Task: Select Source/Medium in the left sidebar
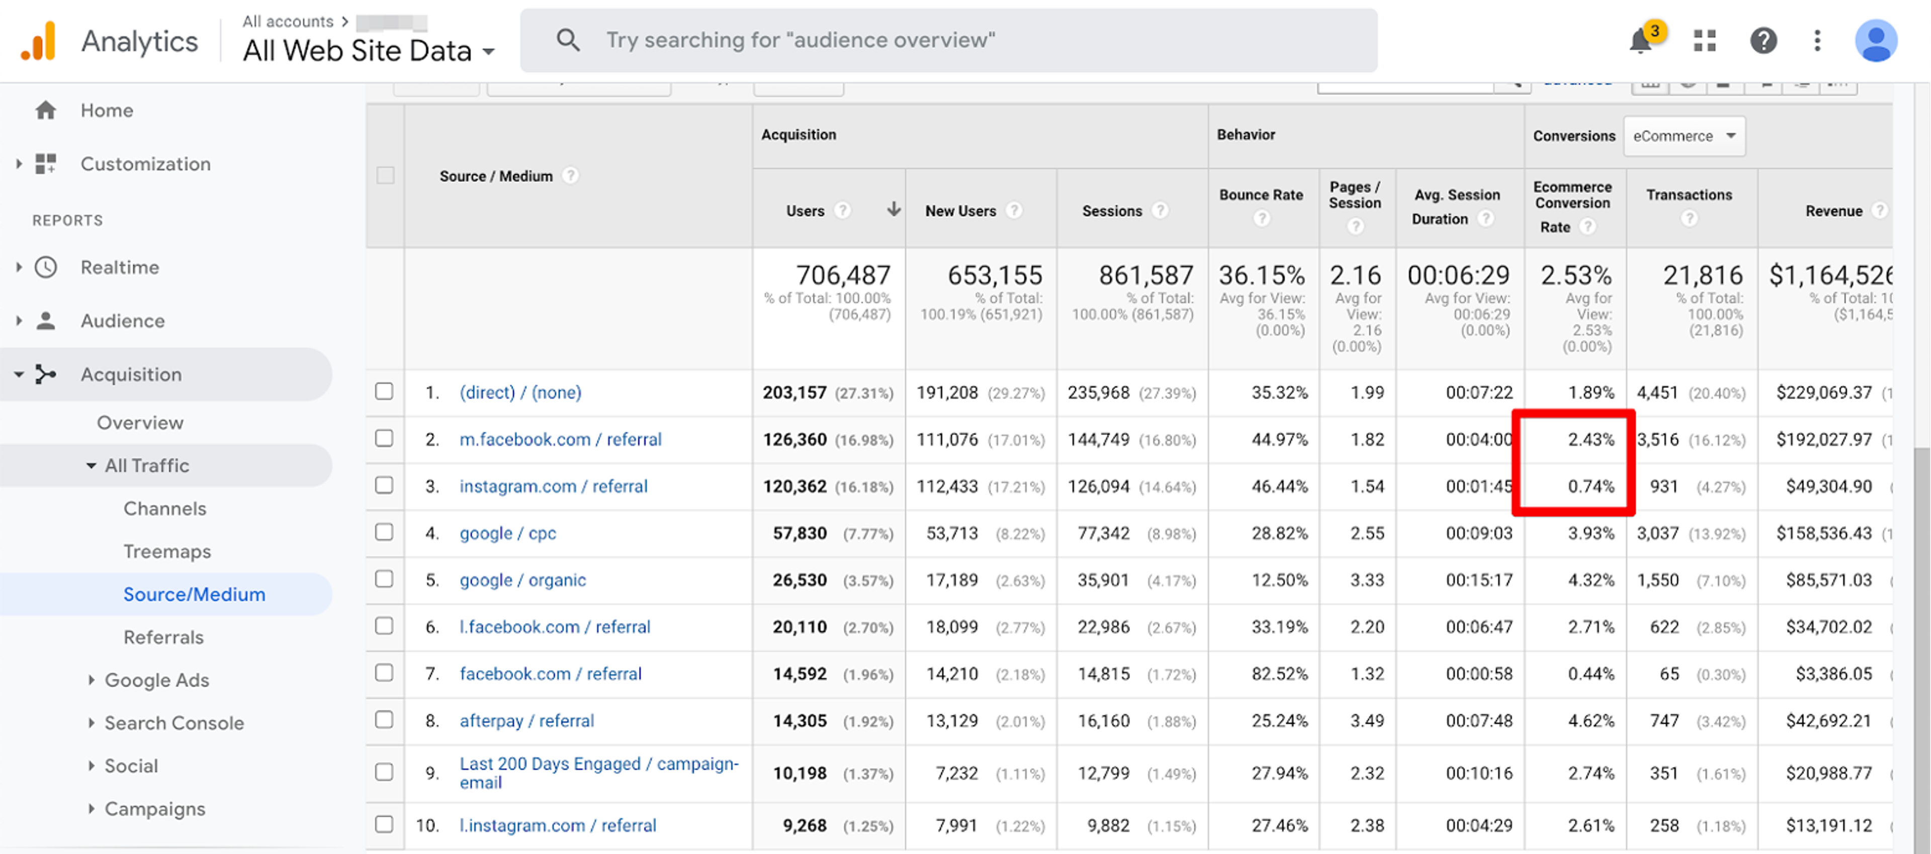point(194,594)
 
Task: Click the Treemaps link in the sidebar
point(167,552)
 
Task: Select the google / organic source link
point(522,580)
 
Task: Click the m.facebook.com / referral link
point(560,440)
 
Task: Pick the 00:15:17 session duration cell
point(1479,580)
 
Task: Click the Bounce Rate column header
point(1261,195)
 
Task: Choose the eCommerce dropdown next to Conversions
point(1684,136)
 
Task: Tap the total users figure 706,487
point(843,275)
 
